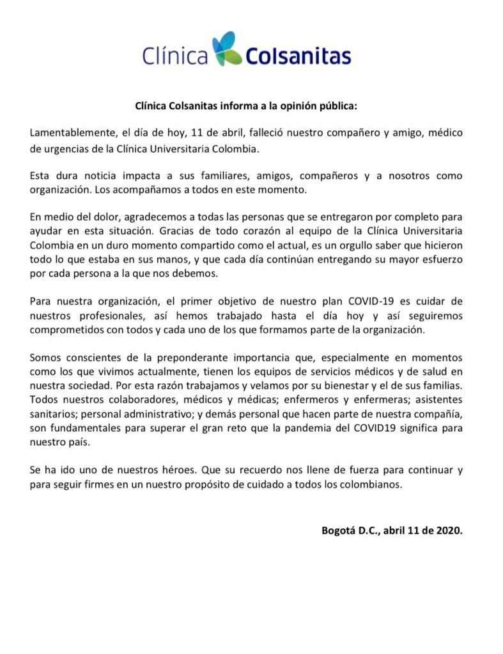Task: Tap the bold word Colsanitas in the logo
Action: click(x=298, y=58)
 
